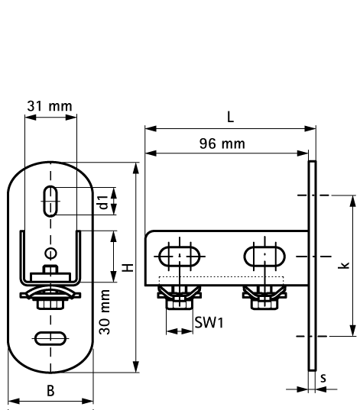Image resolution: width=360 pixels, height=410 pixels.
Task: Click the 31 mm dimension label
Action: click(x=50, y=106)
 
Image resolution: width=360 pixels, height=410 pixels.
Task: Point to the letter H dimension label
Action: click(x=128, y=267)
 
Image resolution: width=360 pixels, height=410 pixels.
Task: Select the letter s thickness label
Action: click(x=323, y=377)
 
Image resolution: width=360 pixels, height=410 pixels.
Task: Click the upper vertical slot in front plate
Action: click(x=50, y=202)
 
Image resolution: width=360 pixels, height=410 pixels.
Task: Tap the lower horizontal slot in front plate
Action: click(x=50, y=337)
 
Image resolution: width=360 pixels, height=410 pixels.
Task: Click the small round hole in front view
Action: click(x=50, y=253)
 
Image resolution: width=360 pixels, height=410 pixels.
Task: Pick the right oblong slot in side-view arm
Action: click(x=264, y=255)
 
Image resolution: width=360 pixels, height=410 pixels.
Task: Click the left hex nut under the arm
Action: click(x=180, y=301)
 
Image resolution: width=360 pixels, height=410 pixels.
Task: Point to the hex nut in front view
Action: click(x=50, y=303)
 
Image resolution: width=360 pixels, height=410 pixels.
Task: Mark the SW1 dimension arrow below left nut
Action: click(x=180, y=331)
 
